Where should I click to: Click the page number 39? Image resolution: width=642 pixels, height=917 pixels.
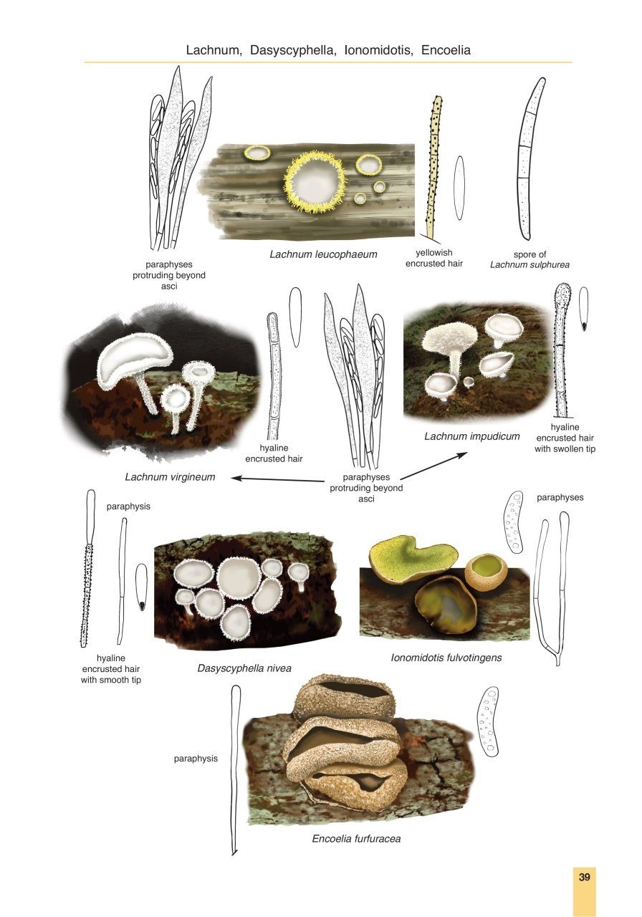point(584,878)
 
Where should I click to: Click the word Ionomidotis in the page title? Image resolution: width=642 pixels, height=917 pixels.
point(378,51)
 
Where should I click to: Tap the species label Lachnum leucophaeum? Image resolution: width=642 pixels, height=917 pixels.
point(323,254)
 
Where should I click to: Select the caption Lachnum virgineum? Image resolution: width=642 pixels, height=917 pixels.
point(170,476)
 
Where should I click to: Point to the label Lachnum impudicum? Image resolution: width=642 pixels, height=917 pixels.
point(471,436)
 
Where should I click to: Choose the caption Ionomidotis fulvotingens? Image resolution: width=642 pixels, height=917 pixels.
point(446,657)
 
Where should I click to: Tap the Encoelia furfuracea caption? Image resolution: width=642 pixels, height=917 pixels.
point(356,839)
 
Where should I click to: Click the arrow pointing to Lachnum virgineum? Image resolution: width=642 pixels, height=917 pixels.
point(276,479)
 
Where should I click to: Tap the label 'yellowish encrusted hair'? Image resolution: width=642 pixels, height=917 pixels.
point(434,258)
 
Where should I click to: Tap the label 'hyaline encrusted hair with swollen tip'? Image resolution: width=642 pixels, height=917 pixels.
point(565,438)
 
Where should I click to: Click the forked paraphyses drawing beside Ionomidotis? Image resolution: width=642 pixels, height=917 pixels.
point(552,587)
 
